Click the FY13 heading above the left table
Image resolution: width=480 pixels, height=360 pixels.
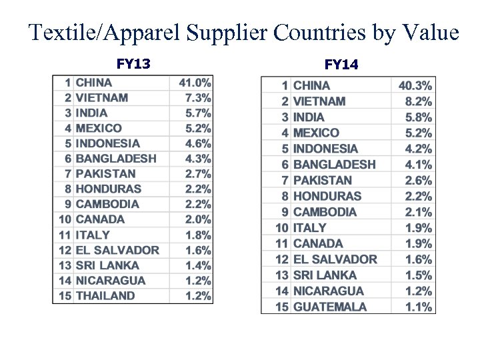[133, 64]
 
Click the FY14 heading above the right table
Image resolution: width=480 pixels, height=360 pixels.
[341, 65]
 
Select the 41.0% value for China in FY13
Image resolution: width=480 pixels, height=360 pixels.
[195, 83]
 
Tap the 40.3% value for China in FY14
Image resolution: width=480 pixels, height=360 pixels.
[415, 85]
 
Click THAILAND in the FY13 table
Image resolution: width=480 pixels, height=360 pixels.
[105, 295]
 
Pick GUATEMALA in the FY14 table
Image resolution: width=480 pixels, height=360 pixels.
[329, 307]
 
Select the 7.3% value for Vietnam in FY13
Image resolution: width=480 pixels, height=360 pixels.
[198, 98]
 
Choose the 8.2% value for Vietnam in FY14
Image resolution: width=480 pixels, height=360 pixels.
[418, 101]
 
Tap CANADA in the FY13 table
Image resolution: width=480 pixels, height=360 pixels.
[100, 219]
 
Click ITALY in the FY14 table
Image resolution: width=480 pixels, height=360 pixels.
[310, 228]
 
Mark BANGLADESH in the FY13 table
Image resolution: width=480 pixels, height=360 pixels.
[116, 159]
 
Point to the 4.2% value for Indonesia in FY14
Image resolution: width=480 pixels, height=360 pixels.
[418, 149]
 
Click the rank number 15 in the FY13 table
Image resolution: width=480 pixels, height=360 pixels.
[65, 295]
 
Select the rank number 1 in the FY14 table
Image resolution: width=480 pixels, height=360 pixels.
[285, 85]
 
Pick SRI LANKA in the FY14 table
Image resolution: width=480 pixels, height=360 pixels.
[325, 275]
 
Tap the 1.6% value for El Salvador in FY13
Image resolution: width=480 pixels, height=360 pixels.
[198, 250]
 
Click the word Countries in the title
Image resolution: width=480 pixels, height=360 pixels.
[320, 33]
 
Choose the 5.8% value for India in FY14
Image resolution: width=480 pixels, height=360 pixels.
[418, 117]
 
